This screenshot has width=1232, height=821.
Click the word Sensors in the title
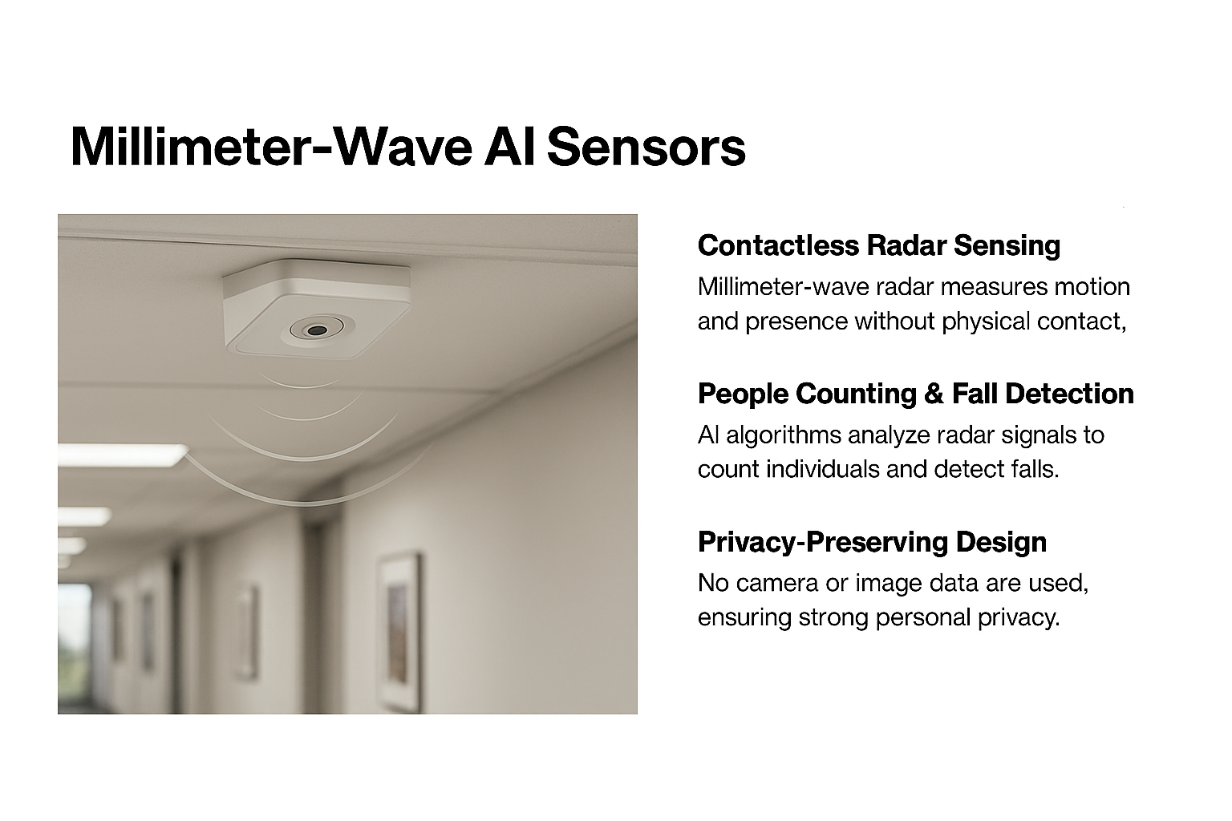(x=646, y=147)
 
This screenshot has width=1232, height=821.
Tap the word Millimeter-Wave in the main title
(x=271, y=147)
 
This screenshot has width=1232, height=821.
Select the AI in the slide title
(x=509, y=147)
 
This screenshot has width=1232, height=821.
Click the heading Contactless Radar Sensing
(x=879, y=245)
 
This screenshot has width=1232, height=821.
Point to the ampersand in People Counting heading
(x=934, y=394)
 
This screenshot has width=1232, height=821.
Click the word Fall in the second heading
(x=975, y=394)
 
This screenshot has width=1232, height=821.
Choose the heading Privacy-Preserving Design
(x=872, y=542)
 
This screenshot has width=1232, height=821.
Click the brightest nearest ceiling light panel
(x=122, y=455)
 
